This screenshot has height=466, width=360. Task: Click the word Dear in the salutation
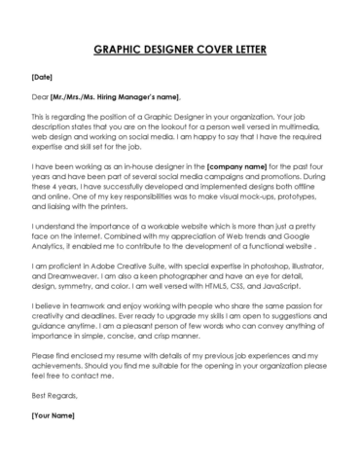pos(40,96)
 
